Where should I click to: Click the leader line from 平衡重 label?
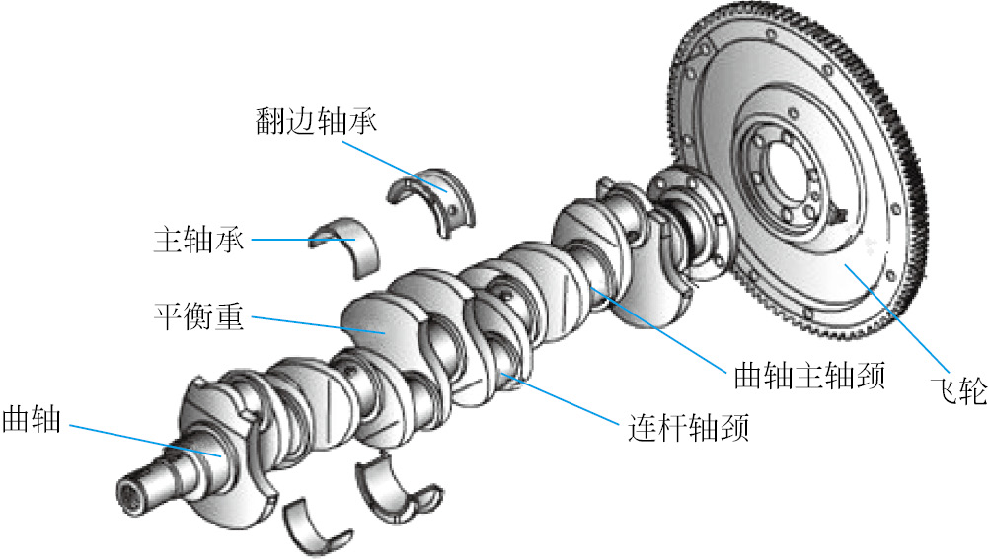click(316, 325)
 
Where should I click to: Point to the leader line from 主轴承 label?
click(286, 239)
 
